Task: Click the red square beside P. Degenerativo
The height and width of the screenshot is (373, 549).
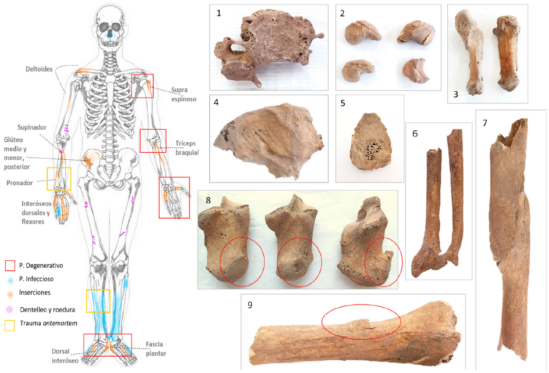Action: (9, 266)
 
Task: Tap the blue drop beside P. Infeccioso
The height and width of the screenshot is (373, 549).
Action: (9, 280)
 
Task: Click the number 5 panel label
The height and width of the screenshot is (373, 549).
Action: (343, 104)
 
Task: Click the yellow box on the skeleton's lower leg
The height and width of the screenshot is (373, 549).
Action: (98, 300)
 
